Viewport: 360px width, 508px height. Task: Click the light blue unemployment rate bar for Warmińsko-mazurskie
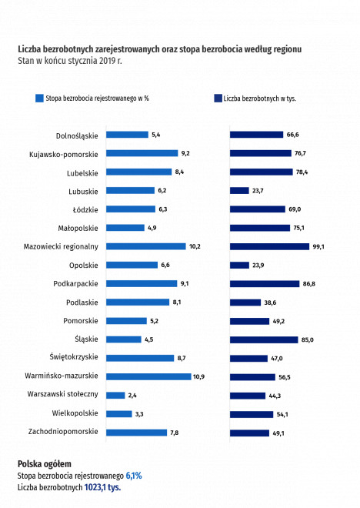148,376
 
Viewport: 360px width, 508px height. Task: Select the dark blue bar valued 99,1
270,246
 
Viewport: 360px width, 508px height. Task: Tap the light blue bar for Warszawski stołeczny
115,396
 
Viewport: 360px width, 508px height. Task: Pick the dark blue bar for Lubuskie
239,191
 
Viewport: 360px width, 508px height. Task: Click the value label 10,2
195,246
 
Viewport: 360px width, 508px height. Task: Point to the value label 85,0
308,340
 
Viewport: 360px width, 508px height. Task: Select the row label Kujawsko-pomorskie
63,155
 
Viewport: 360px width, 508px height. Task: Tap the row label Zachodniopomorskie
63,432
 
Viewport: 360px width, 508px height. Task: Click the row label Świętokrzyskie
74,357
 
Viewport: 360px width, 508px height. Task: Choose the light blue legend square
39,99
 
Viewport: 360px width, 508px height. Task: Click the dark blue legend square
218,99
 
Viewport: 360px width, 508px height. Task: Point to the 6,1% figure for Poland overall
134,476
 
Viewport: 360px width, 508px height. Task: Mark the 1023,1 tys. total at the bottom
102,487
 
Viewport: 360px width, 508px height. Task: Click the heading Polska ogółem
45,464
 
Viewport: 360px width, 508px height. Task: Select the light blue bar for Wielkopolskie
119,414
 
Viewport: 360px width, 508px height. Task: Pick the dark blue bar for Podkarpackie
265,284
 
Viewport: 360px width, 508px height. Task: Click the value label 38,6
270,302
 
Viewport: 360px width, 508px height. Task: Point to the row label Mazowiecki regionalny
61,247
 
